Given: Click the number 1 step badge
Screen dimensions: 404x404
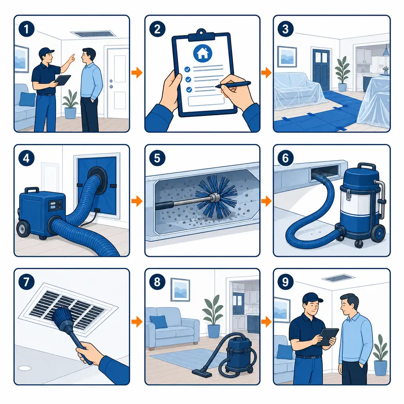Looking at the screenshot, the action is pos(26,29).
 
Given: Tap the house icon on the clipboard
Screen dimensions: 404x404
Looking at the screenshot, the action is pos(202,53).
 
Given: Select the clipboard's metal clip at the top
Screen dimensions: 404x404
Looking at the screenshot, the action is pos(202,35).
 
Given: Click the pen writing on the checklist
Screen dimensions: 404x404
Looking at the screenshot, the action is pos(233,84).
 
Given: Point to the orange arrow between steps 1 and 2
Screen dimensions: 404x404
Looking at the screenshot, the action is pos(137,73).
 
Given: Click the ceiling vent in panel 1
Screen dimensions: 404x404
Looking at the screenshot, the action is pos(93,34).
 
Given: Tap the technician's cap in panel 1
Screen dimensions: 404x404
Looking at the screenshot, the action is pos(46,52).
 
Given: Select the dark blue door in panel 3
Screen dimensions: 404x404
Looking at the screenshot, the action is pos(321,69).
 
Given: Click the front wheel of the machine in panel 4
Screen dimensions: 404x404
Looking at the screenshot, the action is pos(23,229).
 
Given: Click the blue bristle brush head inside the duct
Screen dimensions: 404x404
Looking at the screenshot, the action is pos(216,197).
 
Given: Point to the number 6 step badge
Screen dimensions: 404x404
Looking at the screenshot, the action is pos(285,158).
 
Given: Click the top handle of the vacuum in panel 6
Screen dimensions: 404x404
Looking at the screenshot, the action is pos(367,166).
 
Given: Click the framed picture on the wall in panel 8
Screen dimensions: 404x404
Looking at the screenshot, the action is pos(180,290).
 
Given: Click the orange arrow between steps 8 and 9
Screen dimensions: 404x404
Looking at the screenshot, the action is pos(266,322).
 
